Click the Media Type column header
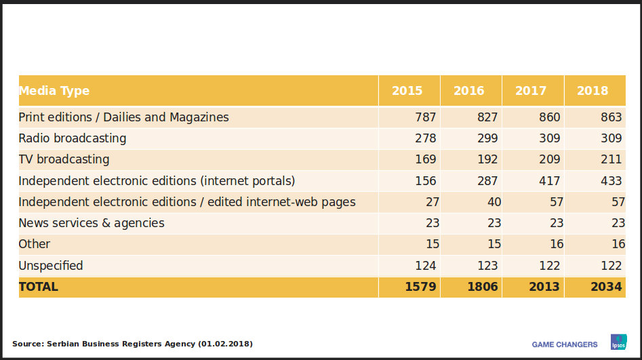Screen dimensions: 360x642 [54, 91]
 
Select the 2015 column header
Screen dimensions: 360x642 [407, 91]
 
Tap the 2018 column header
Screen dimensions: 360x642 [593, 91]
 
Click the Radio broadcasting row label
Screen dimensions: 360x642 [73, 138]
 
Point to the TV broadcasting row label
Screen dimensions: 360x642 [64, 159]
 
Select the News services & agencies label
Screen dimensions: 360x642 [92, 223]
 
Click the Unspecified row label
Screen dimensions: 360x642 [51, 266]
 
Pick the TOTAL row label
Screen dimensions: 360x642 [39, 287]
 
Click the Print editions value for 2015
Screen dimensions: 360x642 [426, 117]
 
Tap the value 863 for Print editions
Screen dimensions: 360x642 [611, 117]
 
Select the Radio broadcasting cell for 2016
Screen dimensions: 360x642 [487, 138]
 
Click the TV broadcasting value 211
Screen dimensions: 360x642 [611, 159]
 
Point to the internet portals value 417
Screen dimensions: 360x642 [549, 181]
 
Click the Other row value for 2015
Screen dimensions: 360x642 [432, 244]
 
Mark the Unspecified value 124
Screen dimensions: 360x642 [426, 266]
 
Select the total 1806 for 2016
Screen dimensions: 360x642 [483, 287]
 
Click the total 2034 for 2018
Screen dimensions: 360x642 [606, 287]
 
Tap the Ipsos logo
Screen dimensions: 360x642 [618, 342]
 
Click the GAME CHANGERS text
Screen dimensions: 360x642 [565, 344]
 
